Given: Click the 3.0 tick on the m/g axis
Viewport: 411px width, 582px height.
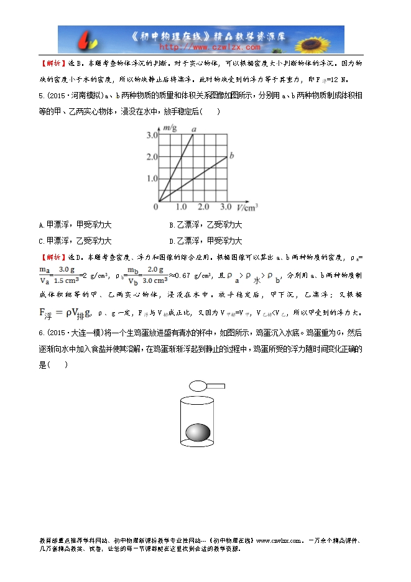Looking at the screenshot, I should pyautogui.click(x=151, y=135).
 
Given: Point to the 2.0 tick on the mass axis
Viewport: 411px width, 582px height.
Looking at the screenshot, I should pyautogui.click(x=151, y=157).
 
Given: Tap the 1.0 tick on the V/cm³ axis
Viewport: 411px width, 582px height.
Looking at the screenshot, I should pyautogui.click(x=181, y=206).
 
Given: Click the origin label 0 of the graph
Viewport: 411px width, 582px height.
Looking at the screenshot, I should pyautogui.click(x=156, y=206).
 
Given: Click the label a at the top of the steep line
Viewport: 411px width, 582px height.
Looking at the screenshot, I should pyautogui.click(x=194, y=129).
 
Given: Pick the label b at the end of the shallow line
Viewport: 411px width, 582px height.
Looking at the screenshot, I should pyautogui.click(x=231, y=154).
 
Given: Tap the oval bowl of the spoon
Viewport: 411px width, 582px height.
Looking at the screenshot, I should pyautogui.click(x=198, y=386).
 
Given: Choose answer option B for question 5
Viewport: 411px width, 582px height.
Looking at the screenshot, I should pyautogui.click(x=205, y=225).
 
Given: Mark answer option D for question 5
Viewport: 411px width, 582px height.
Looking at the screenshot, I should pyautogui.click(x=205, y=241).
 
